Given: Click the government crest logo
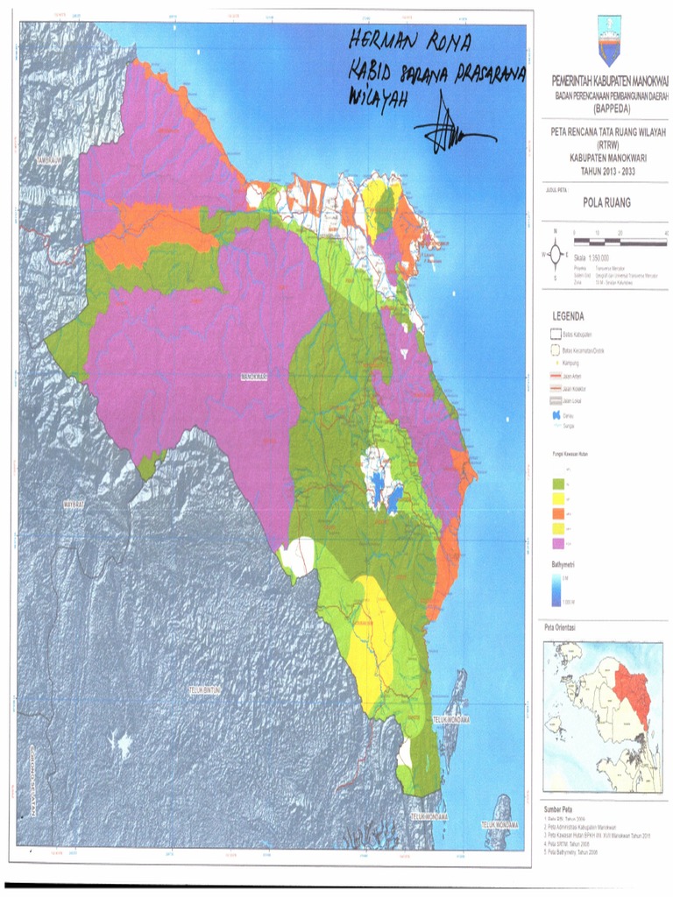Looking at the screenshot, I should pos(607,39).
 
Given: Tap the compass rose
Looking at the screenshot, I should pos(555,255).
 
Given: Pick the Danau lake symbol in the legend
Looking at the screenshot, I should pos(556,416).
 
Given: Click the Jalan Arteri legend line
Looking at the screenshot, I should pos(556,376).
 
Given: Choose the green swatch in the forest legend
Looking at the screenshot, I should pos(557,483).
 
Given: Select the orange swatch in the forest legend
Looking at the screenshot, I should pos(557,513).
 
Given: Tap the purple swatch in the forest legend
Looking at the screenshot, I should pos(557,544).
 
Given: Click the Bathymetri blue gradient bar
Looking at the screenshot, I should pos(556,590).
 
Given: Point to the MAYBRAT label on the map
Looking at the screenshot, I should pos(77,506).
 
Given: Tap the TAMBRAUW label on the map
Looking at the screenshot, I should pos(49,162).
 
